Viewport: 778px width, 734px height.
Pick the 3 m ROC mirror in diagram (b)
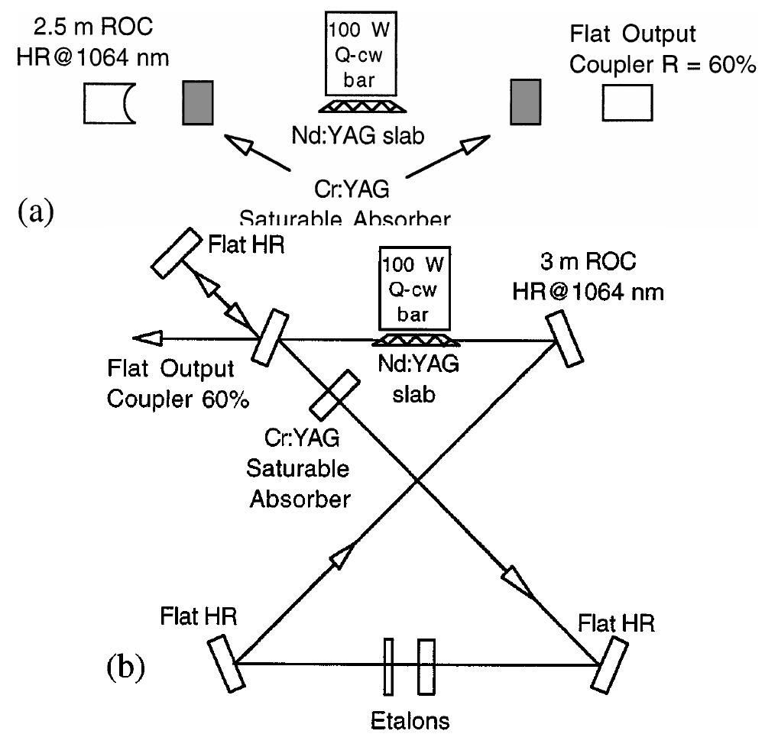click(x=565, y=341)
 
